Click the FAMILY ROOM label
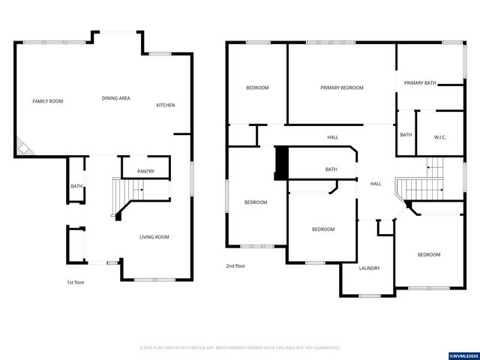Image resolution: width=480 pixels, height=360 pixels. click(x=47, y=100)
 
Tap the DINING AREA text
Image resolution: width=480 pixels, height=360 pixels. click(x=116, y=98)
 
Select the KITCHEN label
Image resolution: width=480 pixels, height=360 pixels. click(x=165, y=105)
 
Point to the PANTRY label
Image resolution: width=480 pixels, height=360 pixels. click(x=145, y=172)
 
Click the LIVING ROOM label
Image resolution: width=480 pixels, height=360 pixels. click(x=154, y=237)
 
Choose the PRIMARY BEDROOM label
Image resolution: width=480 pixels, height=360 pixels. click(x=342, y=88)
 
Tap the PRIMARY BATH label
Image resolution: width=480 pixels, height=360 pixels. click(x=420, y=82)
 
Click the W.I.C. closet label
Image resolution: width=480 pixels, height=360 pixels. click(x=440, y=136)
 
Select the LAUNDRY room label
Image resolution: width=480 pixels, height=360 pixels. click(x=369, y=268)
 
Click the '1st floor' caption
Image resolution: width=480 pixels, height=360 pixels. click(x=76, y=282)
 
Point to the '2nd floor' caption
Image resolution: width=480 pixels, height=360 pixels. click(x=235, y=265)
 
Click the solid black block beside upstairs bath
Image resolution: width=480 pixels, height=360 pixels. click(x=282, y=163)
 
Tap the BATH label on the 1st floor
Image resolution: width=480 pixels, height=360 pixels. click(x=76, y=186)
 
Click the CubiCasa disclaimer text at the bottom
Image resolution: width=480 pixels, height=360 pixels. click(x=240, y=348)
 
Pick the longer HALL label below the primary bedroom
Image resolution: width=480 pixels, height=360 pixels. click(x=332, y=137)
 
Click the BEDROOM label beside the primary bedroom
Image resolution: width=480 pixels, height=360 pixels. click(x=257, y=88)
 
